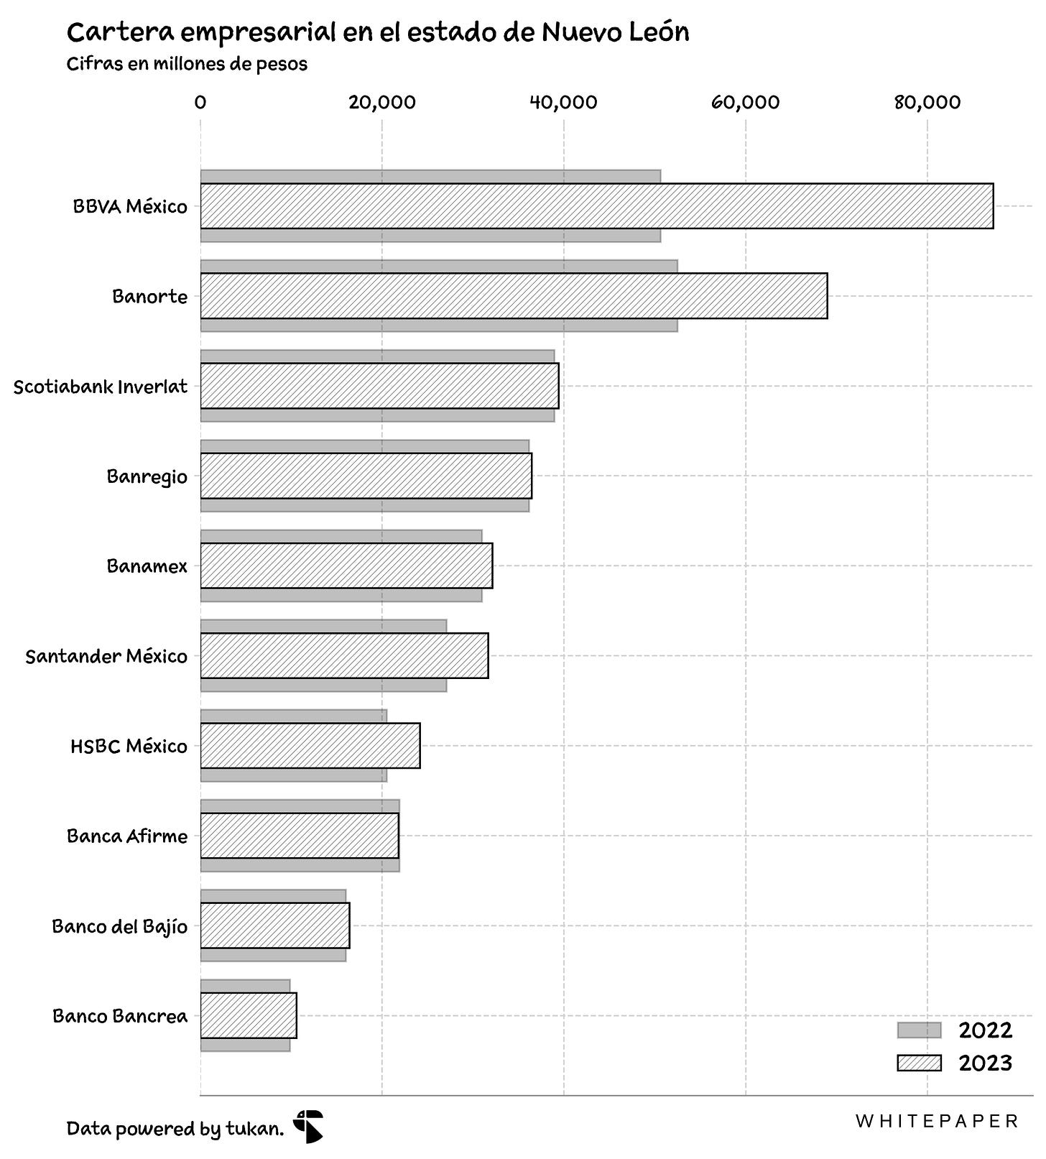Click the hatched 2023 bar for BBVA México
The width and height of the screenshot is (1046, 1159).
pyautogui.click(x=596, y=206)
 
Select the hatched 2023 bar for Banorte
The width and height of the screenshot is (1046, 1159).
pyautogui.click(x=514, y=296)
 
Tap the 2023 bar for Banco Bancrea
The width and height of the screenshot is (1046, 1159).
pyautogui.click(x=249, y=1015)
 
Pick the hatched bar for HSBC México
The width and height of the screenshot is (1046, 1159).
pyautogui.click(x=310, y=746)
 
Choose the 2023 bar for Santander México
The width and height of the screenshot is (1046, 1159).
pyautogui.click(x=344, y=655)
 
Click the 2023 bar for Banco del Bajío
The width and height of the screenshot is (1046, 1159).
pyautogui.click(x=275, y=925)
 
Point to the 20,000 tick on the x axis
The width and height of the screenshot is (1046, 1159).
pyautogui.click(x=382, y=102)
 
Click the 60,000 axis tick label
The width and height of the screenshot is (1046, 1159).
pyautogui.click(x=746, y=102)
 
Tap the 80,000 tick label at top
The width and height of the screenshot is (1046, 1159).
pyautogui.click(x=927, y=102)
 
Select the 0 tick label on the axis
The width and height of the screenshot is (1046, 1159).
pyautogui.click(x=200, y=102)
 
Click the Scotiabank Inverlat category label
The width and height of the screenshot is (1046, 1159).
pyautogui.click(x=101, y=387)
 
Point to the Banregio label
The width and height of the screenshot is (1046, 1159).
pyautogui.click(x=147, y=476)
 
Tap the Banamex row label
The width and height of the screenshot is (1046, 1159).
pyautogui.click(x=147, y=566)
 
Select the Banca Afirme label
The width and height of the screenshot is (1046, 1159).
pyautogui.click(x=127, y=836)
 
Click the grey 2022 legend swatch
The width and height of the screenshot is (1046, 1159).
pyautogui.click(x=919, y=1030)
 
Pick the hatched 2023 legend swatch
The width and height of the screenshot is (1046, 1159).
pyautogui.click(x=919, y=1063)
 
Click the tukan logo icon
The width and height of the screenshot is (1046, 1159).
pyautogui.click(x=308, y=1126)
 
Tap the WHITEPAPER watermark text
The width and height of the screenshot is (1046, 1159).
pyautogui.click(x=937, y=1121)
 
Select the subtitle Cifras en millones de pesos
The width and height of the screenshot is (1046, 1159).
pyautogui.click(x=187, y=64)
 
